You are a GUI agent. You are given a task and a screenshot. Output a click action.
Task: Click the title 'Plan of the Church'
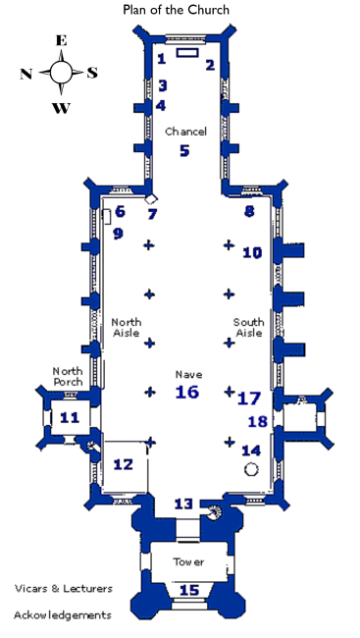tap(177, 10)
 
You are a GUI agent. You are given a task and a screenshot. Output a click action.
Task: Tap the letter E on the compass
tap(61, 40)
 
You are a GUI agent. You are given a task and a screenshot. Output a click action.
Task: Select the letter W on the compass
tap(61, 108)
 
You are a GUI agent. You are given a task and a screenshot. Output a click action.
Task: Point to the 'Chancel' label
tap(185, 132)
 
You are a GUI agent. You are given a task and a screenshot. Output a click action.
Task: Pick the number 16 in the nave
tap(186, 392)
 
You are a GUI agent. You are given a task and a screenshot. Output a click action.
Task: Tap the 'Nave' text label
tap(187, 374)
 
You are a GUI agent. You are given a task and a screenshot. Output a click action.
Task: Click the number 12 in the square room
tap(123, 464)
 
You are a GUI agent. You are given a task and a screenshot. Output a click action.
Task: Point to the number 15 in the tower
tap(188, 590)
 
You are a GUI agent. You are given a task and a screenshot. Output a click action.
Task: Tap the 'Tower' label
tap(188, 562)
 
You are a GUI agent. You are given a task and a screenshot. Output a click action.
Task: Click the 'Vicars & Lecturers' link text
tap(63, 589)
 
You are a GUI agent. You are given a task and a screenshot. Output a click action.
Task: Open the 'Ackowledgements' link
tap(62, 615)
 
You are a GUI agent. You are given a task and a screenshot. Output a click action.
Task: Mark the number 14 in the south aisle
tap(251, 450)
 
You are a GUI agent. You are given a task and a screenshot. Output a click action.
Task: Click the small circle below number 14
tap(251, 470)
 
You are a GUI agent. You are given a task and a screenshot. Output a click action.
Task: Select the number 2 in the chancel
tap(210, 65)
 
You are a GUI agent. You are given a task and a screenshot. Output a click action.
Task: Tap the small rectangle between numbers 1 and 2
tap(186, 52)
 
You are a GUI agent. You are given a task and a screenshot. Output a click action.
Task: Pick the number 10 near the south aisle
tap(252, 252)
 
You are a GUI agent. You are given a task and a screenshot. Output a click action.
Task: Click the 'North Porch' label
tap(68, 376)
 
